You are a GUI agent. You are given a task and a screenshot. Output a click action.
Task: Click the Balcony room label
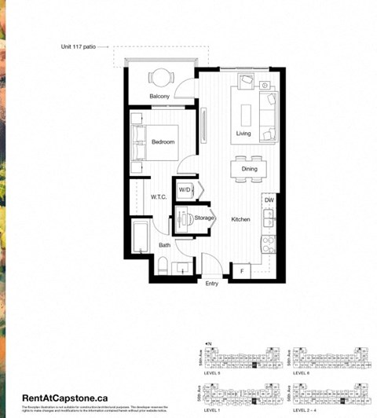pos(159,97)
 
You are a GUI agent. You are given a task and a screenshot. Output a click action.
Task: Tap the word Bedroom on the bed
pos(163,142)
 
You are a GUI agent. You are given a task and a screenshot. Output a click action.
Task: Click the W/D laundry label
pos(185,189)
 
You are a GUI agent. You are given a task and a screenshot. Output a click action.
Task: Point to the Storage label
pos(205,218)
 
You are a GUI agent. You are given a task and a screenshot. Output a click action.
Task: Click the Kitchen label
pos(240,219)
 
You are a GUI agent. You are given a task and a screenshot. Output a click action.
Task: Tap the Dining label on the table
pos(249,169)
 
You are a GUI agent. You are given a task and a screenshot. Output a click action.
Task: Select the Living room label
pos(243,134)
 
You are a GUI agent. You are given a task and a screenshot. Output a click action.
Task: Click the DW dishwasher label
pos(269,200)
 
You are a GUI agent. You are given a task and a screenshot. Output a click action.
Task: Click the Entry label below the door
pos(212,284)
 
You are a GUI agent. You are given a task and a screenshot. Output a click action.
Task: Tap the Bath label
pos(165,245)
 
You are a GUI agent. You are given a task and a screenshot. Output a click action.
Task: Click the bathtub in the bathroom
pos(141,236)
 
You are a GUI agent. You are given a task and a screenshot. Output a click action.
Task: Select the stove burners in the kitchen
pos(268,244)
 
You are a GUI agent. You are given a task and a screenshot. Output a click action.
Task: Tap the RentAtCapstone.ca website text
pos(64,398)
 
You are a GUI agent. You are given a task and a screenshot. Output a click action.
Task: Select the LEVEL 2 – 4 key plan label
pos(302,410)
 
